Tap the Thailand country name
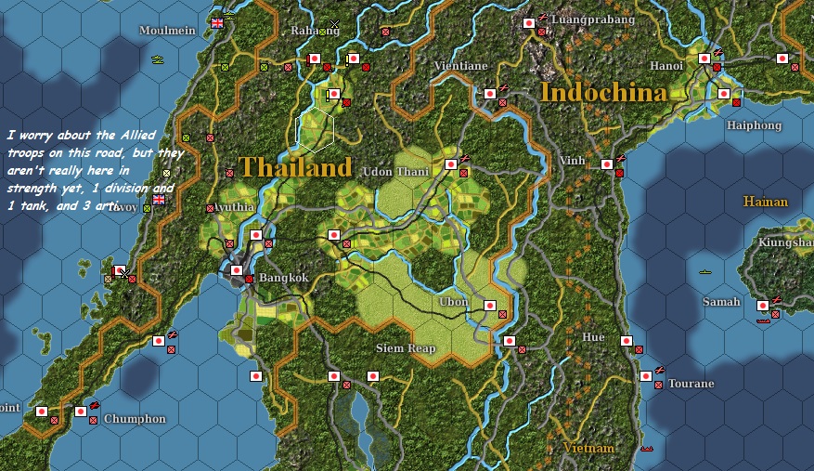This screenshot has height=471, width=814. [295, 167]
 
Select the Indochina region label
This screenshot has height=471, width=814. [603, 93]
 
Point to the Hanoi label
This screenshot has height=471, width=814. [666, 66]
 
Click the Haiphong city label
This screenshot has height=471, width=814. [754, 125]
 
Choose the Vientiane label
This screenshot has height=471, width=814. [461, 66]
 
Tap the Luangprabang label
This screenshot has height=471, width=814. [593, 19]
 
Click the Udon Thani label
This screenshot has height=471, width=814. [396, 172]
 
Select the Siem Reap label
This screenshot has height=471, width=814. [406, 348]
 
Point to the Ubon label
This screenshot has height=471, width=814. [453, 302]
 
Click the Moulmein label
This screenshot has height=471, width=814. [167, 31]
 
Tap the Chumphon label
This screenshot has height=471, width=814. [135, 419]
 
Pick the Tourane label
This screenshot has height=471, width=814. [691, 384]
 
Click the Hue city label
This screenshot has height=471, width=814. [592, 337]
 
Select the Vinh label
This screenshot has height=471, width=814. [572, 161]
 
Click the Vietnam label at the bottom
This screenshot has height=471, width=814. [588, 448]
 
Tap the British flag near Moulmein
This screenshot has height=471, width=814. [218, 22]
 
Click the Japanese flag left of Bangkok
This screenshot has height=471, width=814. [236, 270]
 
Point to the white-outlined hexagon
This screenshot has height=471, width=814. [315, 129]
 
